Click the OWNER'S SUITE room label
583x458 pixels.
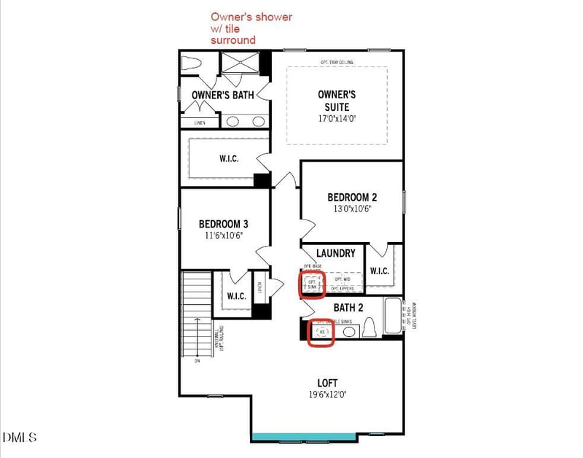coord(337,101)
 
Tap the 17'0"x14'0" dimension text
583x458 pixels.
coord(337,118)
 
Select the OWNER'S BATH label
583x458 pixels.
coord(222,95)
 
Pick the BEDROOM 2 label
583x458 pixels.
coord(352,198)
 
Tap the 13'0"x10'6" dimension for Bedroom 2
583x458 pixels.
coord(352,209)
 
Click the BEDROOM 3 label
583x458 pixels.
coord(223,224)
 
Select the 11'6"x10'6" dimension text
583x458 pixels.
coord(223,236)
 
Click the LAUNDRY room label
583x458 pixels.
coord(335,254)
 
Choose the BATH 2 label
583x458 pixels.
coord(348,308)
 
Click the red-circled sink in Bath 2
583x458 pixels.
coord(321,333)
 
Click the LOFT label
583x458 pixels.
coord(327,383)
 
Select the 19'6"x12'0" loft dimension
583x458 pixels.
coord(327,395)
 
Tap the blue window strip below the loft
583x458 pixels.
coord(327,438)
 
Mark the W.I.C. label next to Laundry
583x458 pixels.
coord(380,271)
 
